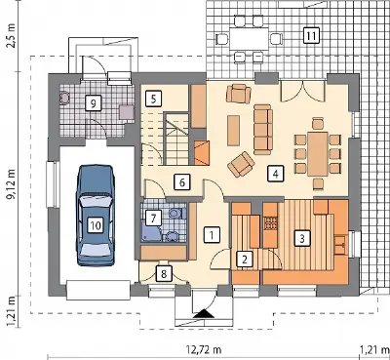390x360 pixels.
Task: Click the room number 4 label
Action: click(276, 174)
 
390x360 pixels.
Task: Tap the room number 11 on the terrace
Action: click(311, 35)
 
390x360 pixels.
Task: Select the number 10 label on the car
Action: click(96, 225)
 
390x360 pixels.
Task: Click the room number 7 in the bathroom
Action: click(153, 218)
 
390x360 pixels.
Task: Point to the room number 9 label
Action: click(93, 103)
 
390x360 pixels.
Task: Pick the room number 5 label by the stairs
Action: click(154, 99)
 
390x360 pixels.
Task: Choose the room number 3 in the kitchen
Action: click(302, 238)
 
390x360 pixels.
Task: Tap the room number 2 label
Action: click(245, 259)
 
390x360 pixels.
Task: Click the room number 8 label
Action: click(164, 273)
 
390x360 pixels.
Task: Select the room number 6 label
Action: click(182, 182)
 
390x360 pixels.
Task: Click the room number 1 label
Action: click(212, 234)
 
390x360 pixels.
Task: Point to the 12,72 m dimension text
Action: click(204, 350)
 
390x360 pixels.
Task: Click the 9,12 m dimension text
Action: click(13, 183)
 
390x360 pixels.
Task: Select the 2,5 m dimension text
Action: click(12, 36)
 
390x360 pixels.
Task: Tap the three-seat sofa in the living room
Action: click(263, 129)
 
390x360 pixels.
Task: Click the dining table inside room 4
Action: click(318, 153)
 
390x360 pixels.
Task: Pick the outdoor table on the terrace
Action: click(250, 39)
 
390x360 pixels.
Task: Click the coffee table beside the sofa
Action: click(233, 131)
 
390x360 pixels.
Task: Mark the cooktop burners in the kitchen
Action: click(270, 222)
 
